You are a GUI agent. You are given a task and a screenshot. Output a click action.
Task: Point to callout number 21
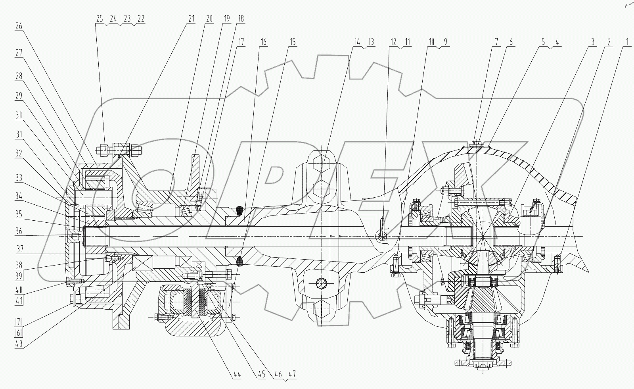192,19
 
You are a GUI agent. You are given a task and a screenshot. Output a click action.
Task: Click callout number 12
393,42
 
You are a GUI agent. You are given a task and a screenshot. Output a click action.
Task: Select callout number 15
292,42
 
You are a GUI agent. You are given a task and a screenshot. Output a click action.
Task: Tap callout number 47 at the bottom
293,374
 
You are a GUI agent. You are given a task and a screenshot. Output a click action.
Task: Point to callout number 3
592,42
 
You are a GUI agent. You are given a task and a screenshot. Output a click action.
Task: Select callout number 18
241,19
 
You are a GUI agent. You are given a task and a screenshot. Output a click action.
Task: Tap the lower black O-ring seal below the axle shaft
239,261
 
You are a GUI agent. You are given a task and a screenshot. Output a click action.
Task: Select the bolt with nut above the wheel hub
119,150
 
